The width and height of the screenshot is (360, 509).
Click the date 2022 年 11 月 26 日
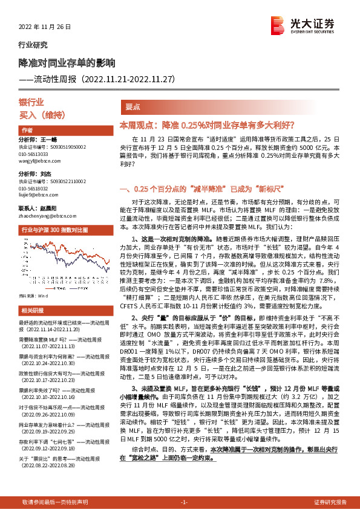tap(45, 27)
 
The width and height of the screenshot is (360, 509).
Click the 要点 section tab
tap(133, 106)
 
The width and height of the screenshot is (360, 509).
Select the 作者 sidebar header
tap(27, 131)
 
